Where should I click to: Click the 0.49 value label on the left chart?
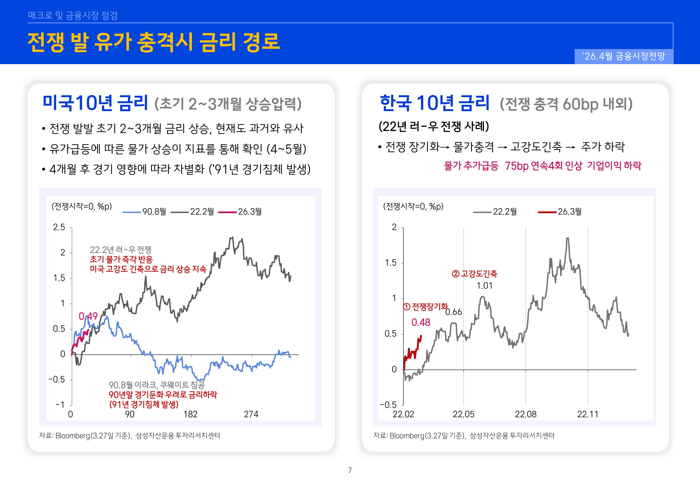point(88,316)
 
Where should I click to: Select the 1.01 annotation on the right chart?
point(484,286)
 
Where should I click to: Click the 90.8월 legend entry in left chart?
point(145,212)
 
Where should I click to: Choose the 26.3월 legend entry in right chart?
point(560,212)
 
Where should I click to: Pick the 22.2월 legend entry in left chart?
point(193,212)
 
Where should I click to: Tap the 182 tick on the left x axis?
point(190,414)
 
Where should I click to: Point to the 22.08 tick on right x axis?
point(526,414)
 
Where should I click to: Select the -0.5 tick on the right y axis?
point(388,405)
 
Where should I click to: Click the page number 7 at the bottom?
point(350,470)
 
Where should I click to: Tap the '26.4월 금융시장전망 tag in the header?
point(624,56)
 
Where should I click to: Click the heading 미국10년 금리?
point(95,103)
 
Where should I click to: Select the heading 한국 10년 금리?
point(434,103)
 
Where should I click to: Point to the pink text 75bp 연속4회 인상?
point(543,166)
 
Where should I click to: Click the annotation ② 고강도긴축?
point(474,274)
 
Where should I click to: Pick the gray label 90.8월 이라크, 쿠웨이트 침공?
point(157,385)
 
